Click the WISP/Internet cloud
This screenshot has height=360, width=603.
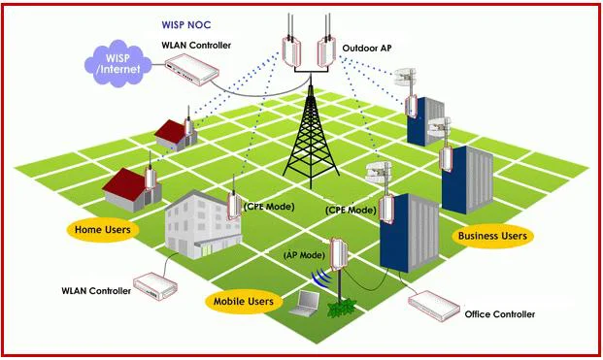pos(117,63)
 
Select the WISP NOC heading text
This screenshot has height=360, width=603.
pos(186,25)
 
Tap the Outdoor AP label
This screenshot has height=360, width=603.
pos(367,48)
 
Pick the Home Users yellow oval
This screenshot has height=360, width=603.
pos(103,230)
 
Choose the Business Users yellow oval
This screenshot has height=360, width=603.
pos(492,236)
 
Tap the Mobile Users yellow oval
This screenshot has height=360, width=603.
pos(244,301)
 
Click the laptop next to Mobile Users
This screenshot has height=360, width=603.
pos(305,304)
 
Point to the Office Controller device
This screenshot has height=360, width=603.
pos(434,307)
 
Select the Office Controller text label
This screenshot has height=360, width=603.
pos(499,314)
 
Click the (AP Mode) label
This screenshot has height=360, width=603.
pos(304,255)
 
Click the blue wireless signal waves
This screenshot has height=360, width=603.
pos(320,278)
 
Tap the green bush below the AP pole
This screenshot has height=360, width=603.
pos(342,309)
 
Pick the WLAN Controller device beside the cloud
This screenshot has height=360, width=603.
pos(192,69)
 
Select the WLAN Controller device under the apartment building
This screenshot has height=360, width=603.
pos(155,286)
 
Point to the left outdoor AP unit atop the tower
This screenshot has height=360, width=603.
pos(290,51)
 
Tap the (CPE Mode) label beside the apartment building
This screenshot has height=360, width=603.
pos(269,207)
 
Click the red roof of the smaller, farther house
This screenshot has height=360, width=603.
pos(171,130)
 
